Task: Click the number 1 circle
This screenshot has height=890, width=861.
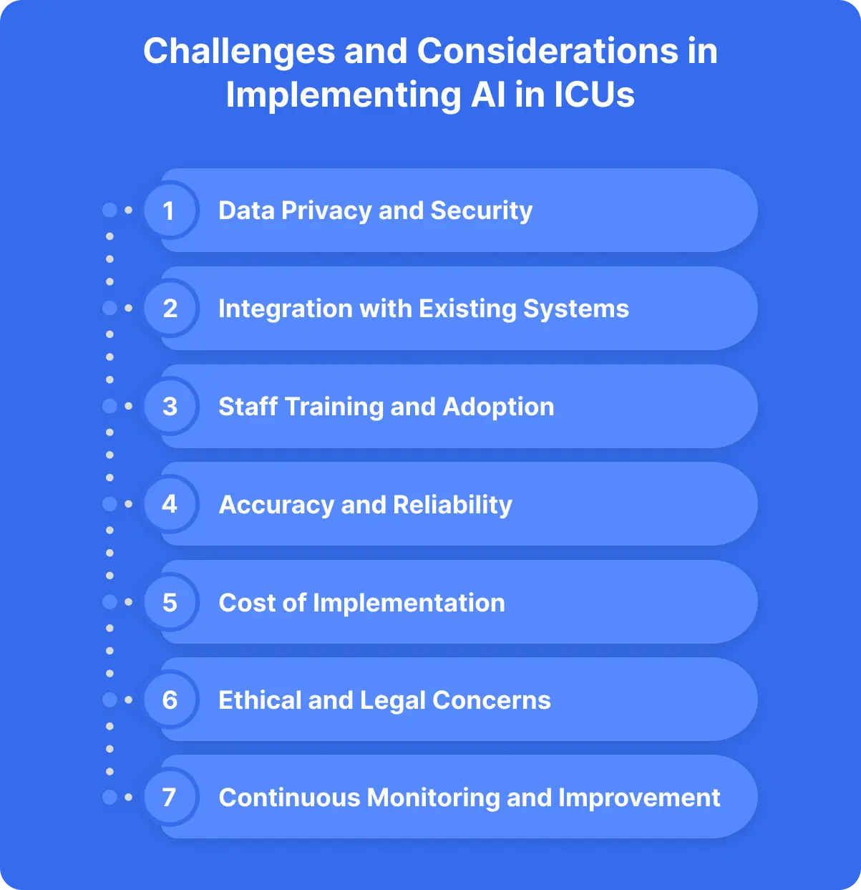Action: pyautogui.click(x=170, y=211)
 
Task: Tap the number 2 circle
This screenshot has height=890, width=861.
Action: pyautogui.click(x=170, y=309)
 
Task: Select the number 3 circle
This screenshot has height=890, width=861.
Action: pyautogui.click(x=170, y=407)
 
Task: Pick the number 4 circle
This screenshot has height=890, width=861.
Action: pyautogui.click(x=170, y=504)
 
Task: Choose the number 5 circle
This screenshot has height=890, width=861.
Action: pyautogui.click(x=170, y=602)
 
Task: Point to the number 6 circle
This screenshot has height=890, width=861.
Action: pyautogui.click(x=170, y=700)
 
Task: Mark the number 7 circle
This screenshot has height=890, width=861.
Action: pyautogui.click(x=170, y=797)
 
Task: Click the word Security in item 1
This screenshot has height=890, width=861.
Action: pyautogui.click(x=482, y=211)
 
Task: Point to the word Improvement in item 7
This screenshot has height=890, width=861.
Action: pyautogui.click(x=639, y=798)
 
